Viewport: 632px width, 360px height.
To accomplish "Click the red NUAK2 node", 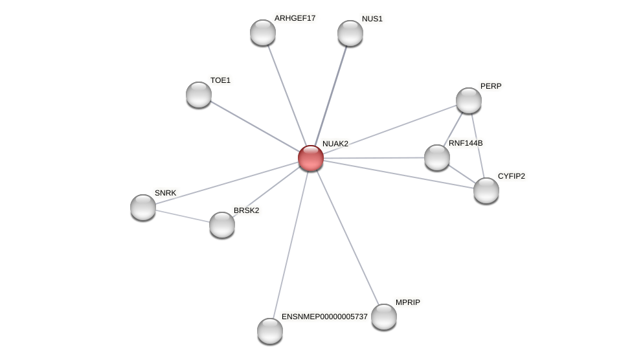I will (x=311, y=158).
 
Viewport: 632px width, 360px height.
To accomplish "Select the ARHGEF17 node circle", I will (x=263, y=32).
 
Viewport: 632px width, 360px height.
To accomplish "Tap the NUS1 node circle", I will (x=350, y=33).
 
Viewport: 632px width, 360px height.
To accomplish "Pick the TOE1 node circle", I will (x=199, y=95).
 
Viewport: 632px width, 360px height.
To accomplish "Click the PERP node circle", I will (x=469, y=100).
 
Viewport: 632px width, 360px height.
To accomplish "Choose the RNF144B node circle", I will (x=437, y=157).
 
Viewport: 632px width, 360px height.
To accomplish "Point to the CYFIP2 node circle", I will (x=486, y=190).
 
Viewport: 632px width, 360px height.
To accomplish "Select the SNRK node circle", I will (x=143, y=207).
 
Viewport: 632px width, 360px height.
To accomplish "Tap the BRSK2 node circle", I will (x=222, y=225).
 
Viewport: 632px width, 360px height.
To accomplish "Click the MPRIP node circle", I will (x=384, y=317).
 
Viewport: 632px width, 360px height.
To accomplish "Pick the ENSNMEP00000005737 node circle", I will (x=270, y=331).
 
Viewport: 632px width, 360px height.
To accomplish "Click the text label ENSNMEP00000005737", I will (x=324, y=317).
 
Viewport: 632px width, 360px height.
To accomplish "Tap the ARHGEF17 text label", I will (x=295, y=18).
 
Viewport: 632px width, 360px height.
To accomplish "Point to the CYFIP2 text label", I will (x=512, y=176).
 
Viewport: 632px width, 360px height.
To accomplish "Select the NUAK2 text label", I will (x=335, y=144).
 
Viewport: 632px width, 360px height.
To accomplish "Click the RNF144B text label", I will (x=466, y=143).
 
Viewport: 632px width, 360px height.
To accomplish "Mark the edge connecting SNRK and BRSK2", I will (x=183, y=216).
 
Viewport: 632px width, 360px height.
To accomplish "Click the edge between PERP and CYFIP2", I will (x=478, y=146).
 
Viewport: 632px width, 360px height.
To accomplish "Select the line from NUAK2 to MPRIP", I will (x=348, y=238).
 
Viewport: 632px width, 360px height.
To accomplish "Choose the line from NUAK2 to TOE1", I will (x=254, y=126).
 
